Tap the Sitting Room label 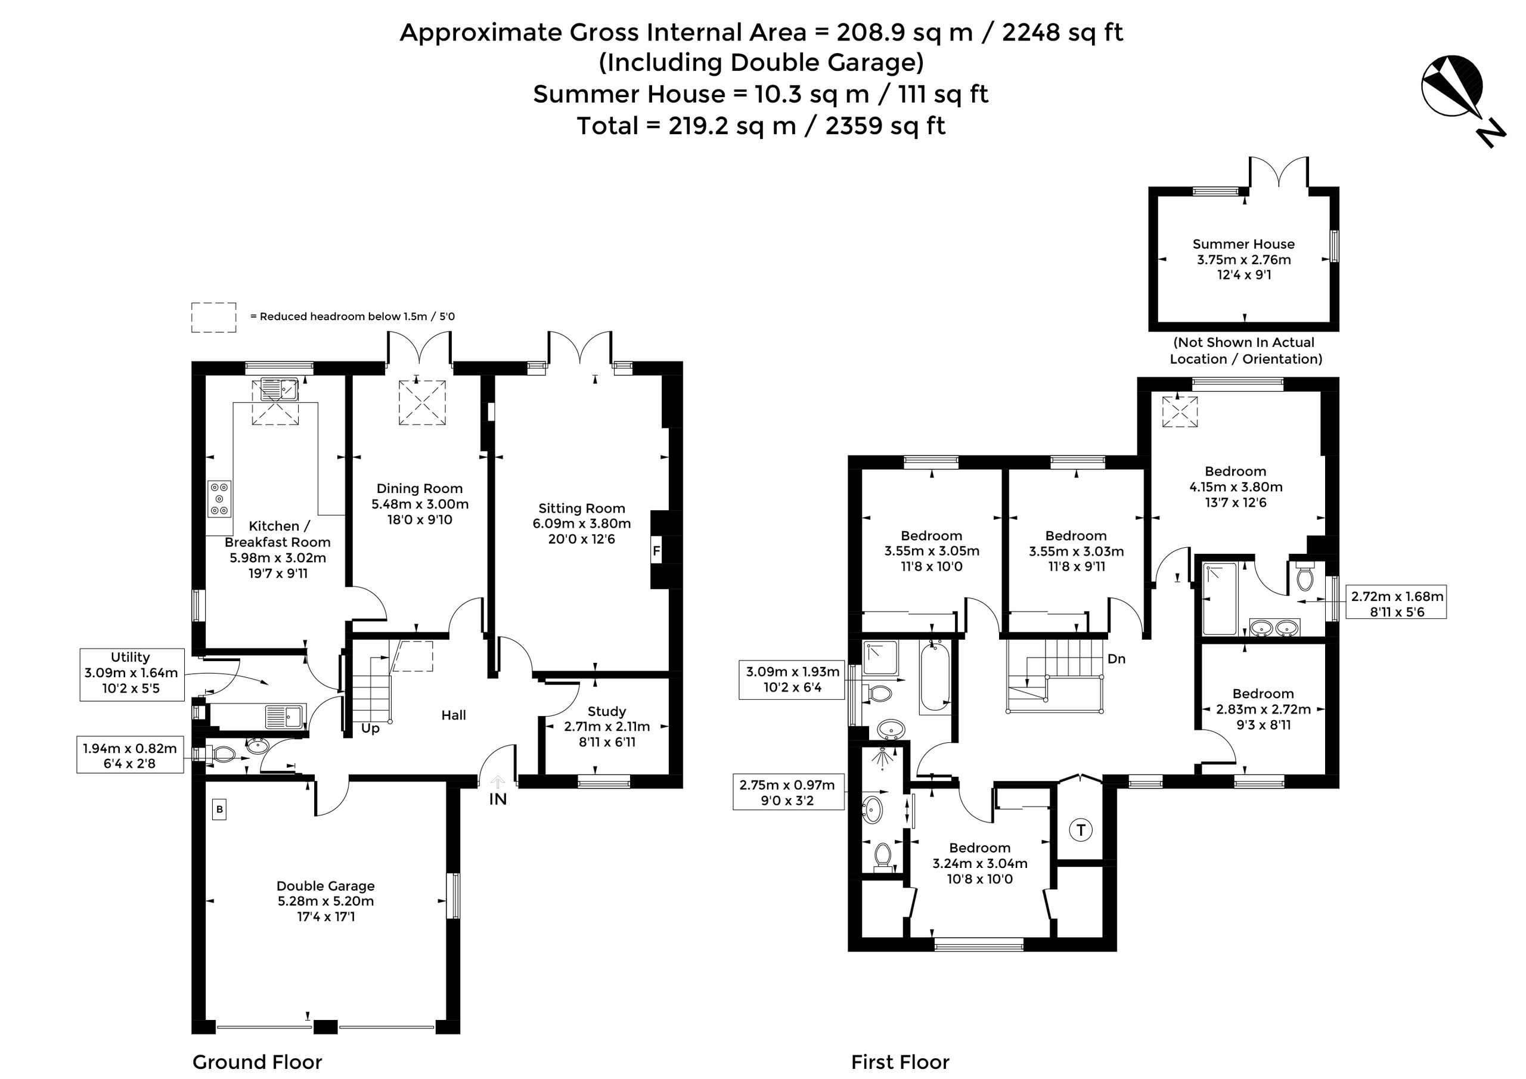tap(582, 509)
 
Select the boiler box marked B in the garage tap(219, 810)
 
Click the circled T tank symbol tap(1081, 830)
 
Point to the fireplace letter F tap(657, 551)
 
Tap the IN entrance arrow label tap(498, 799)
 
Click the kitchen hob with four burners tap(219, 498)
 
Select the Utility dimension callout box tap(132, 674)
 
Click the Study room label tap(606, 711)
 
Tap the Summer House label tap(1243, 244)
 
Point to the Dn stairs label tap(1116, 659)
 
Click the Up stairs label tap(370, 728)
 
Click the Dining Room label tap(420, 489)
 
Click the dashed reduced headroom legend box tap(213, 317)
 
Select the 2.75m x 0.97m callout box tap(788, 792)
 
